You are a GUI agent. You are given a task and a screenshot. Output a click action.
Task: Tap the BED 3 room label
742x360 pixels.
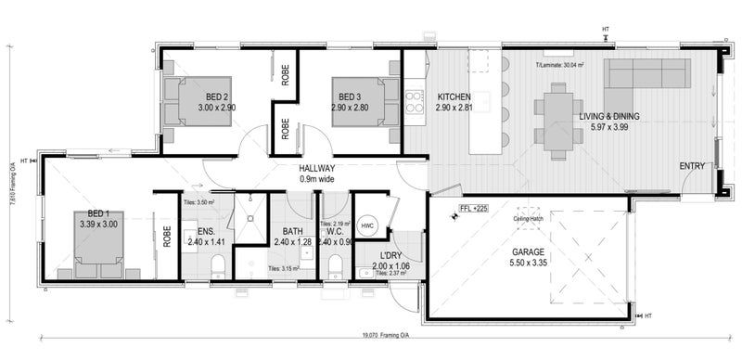coord(349,96)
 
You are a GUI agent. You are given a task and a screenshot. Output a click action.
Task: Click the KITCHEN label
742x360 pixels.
coord(454,96)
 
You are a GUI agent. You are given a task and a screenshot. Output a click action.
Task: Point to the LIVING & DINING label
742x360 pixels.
coord(609,116)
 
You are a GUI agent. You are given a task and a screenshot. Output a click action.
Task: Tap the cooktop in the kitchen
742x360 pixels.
coord(414,100)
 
